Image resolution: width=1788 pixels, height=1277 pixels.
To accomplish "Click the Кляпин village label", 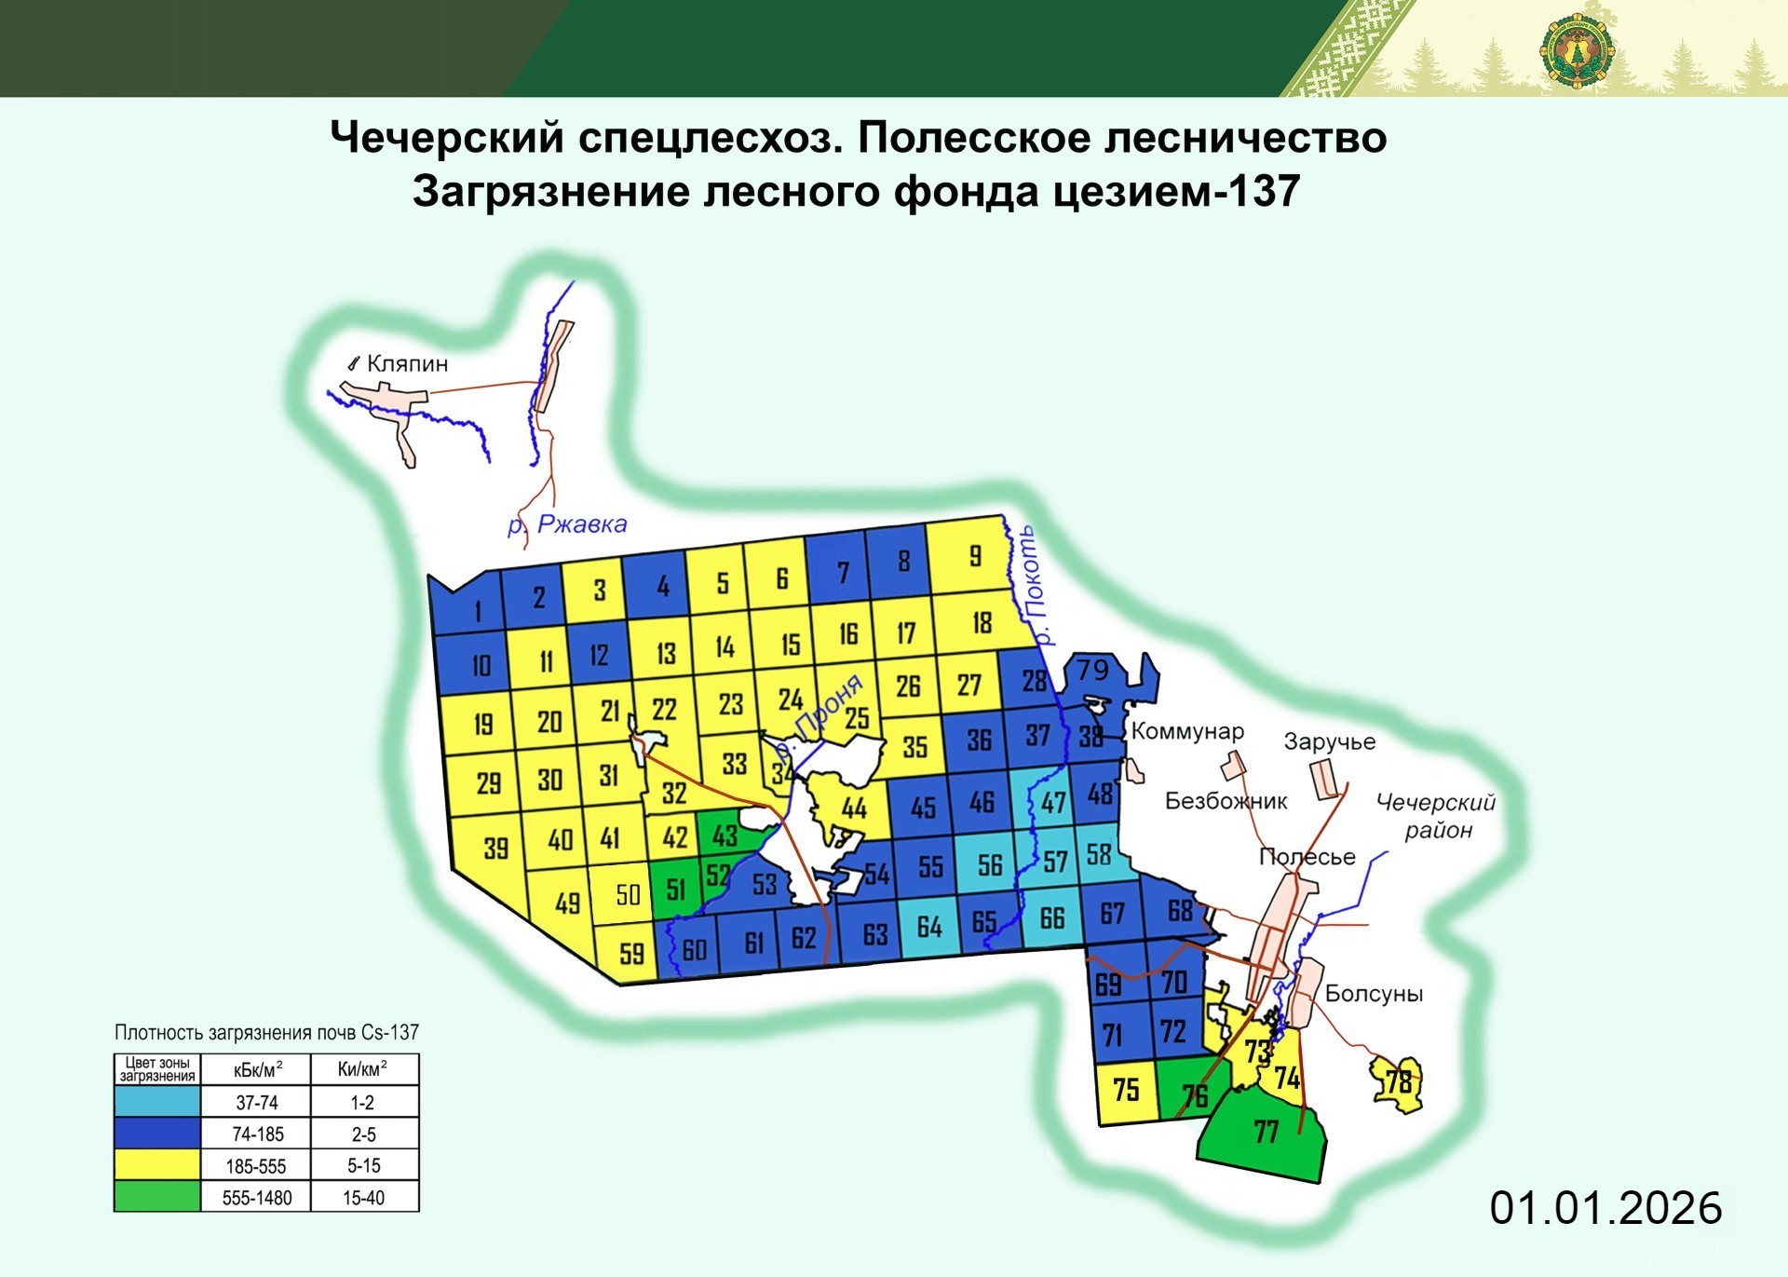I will (x=407, y=363).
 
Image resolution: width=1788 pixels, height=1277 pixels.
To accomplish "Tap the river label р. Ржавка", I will (x=568, y=524).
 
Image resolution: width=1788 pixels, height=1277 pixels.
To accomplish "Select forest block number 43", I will (x=725, y=835).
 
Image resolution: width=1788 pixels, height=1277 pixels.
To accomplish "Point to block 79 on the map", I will (x=1093, y=670).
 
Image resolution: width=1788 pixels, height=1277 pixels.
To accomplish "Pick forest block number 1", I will (x=478, y=611).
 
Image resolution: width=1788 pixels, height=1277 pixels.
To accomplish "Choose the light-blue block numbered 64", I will (x=929, y=927).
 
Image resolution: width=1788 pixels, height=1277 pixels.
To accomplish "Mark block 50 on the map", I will (x=628, y=895).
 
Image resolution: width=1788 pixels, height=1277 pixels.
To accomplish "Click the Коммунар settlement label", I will (x=1187, y=731).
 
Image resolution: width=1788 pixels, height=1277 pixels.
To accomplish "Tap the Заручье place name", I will (x=1329, y=741).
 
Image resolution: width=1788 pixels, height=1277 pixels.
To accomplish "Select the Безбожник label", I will (x=1226, y=800).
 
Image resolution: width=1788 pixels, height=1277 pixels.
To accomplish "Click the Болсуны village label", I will (x=1374, y=994).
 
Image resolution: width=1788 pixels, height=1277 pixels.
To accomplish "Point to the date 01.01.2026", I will (x=1605, y=1208).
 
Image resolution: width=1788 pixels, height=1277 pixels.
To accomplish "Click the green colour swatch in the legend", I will (x=156, y=1197).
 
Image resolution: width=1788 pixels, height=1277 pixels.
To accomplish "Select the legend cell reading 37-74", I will (x=256, y=1103).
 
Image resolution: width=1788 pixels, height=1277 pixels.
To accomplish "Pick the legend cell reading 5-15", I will (x=363, y=1165).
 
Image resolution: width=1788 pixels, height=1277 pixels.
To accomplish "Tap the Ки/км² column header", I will (x=363, y=1069).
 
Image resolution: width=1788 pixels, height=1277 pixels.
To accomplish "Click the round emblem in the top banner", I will (x=1577, y=51).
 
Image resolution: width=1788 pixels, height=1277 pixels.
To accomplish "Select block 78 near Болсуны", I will (x=1398, y=1082).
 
